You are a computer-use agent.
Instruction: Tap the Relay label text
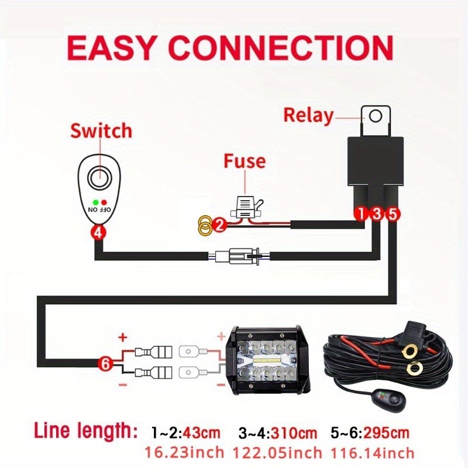pos(308,115)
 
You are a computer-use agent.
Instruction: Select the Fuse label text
pos(245,161)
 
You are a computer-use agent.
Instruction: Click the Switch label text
pos(101,130)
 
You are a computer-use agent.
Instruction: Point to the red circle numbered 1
pos(361,214)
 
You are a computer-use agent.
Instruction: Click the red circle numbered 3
pos(377,214)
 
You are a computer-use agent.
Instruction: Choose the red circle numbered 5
pos(393,214)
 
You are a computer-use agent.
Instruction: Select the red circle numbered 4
pos(98,232)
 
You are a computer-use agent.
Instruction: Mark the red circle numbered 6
pos(105,363)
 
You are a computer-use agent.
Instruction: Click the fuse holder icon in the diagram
pos(247,207)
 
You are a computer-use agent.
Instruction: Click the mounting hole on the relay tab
pos(375,116)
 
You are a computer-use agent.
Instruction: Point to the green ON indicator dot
pos(95,202)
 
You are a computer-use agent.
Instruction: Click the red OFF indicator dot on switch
pos(104,202)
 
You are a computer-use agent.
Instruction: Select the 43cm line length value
pos(201,432)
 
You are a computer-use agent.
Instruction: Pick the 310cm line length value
pos(294,432)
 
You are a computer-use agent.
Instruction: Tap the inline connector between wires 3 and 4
pos(239,256)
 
